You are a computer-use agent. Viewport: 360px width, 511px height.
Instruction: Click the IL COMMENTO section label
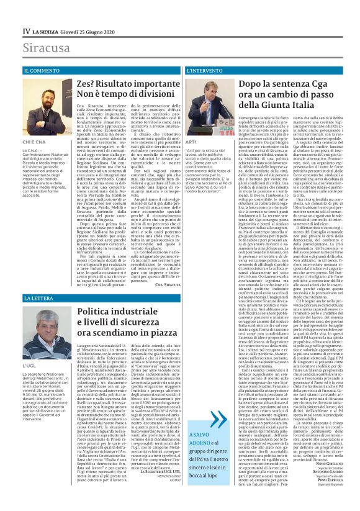(43, 71)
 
